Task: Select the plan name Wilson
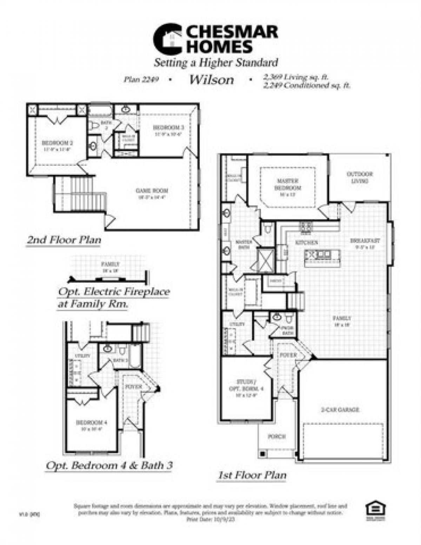coord(212,80)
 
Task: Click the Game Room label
coord(152,191)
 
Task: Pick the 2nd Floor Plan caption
coord(64,240)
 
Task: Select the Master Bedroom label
coord(288,184)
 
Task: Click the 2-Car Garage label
coord(340,409)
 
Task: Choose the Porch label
coord(277,436)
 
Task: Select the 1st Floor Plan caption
coord(252,475)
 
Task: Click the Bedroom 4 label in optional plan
coord(89,422)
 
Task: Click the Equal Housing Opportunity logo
coord(375,508)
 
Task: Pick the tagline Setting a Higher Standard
coord(216,63)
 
